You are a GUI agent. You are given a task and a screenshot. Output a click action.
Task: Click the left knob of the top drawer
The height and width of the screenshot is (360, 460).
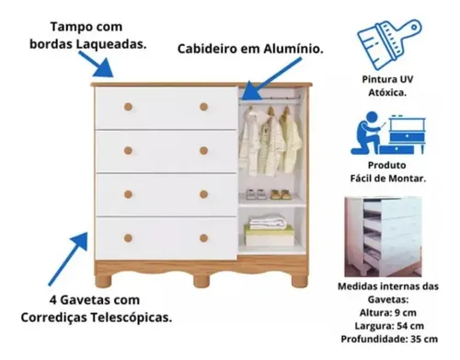pos(128,107)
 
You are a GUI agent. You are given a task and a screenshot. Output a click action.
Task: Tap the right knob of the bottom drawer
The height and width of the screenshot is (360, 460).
pos(203,238)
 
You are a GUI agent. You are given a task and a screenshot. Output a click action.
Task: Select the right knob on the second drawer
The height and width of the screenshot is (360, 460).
pos(203,150)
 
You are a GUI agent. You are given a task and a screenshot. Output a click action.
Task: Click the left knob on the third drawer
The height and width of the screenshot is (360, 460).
pos(128,194)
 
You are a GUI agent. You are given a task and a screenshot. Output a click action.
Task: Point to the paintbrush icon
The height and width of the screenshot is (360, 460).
pos(389,43)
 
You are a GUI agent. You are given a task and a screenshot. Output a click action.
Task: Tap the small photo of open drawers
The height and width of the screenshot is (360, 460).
pos(383,237)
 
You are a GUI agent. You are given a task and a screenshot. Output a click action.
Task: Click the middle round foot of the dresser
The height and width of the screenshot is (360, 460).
pos(201,281)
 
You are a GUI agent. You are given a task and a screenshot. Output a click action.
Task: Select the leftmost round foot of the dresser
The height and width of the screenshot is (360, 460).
pos(103,281)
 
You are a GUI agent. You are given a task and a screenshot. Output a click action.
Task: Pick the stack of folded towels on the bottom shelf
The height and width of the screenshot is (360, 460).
pos(269,231)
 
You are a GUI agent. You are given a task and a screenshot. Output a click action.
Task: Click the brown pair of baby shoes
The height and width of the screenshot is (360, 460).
pos(281,194)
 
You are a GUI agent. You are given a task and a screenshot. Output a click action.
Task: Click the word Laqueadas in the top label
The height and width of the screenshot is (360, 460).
pos(111,44)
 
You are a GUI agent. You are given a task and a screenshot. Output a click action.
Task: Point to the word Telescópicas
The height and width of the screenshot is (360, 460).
pos(131,318)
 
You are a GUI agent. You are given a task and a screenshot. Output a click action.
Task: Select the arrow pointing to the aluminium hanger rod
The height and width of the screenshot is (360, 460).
pos(270,79)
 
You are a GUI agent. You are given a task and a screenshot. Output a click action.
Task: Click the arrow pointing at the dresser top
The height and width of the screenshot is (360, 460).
pos(97,64)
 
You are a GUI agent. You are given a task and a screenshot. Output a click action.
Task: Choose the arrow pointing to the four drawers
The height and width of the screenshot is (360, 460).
pos(68,259)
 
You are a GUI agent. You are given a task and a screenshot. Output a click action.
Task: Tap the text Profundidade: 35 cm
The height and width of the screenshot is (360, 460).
pos(389,339)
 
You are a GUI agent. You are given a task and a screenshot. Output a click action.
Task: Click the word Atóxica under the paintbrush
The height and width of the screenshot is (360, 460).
pos(387,92)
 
